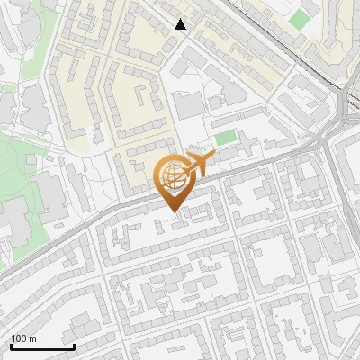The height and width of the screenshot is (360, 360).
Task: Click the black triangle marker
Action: (x=181, y=24)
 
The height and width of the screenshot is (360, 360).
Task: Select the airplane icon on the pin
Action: (x=199, y=164)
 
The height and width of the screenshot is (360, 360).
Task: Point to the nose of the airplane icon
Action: (x=212, y=157)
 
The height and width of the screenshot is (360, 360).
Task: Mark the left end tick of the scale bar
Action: (x=11, y=346)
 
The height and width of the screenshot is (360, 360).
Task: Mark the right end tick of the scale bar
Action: (x=74, y=346)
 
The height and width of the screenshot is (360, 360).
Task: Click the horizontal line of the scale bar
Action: (x=42, y=347)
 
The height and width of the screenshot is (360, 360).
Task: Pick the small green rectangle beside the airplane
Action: (x=226, y=138)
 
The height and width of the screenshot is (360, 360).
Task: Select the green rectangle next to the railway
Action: (x=300, y=18)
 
